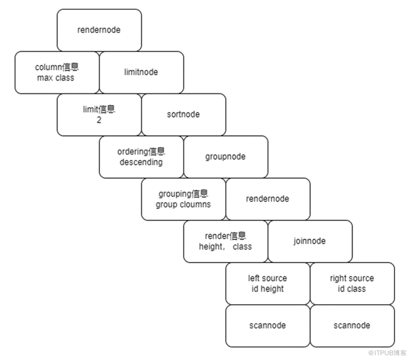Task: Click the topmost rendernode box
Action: pyautogui.click(x=99, y=30)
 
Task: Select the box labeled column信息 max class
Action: pyautogui.click(x=57, y=72)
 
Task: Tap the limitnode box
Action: pyautogui.click(x=141, y=72)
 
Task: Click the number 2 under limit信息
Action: pyautogui.click(x=99, y=120)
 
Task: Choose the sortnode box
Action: pyautogui.click(x=184, y=114)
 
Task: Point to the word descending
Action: pyautogui.click(x=141, y=162)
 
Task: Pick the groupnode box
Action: pyautogui.click(x=226, y=157)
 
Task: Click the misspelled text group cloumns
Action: pyautogui.click(x=183, y=205)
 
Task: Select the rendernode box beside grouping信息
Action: pyautogui.click(x=267, y=199)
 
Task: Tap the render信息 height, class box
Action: pyautogui.click(x=226, y=241)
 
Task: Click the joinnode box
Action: pyautogui.click(x=310, y=241)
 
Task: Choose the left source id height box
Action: pyautogui.click(x=267, y=283)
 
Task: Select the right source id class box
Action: pyautogui.click(x=352, y=283)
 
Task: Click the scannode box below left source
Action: pyautogui.click(x=267, y=326)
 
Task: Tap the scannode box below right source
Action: pyautogui.click(x=352, y=326)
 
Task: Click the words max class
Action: pyautogui.click(x=56, y=78)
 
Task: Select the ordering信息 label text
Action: pyautogui.click(x=141, y=152)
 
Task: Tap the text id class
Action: pyautogui.click(x=352, y=289)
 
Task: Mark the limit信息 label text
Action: pyautogui.click(x=99, y=109)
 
